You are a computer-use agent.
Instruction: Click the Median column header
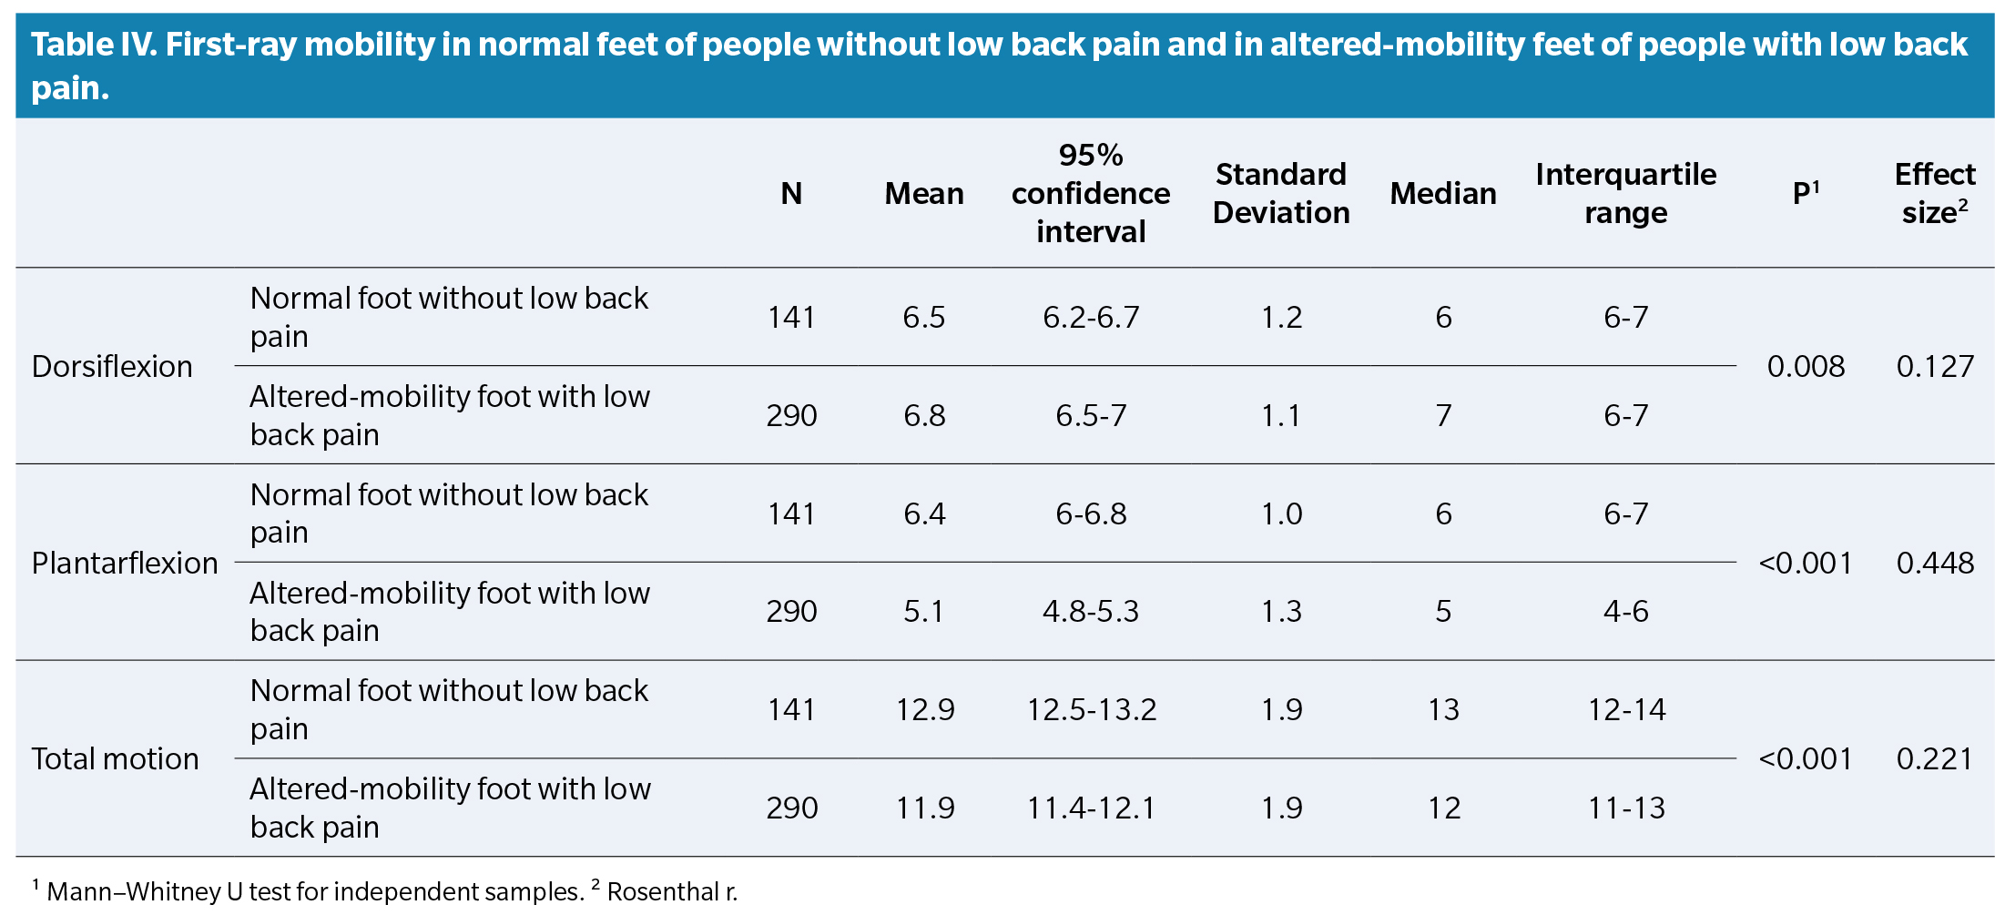[1442, 193]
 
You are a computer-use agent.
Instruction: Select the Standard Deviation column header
[1280, 193]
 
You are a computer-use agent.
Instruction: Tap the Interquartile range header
[1625, 193]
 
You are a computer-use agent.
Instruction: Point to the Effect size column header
[1934, 193]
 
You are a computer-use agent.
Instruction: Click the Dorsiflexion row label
[112, 366]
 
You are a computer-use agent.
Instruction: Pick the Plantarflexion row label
[125, 563]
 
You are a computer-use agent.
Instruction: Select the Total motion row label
[115, 758]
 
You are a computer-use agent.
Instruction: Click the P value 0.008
[1805, 366]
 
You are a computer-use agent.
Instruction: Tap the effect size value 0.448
[1935, 563]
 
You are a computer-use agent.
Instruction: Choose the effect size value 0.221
[1935, 758]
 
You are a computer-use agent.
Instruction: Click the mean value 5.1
[923, 611]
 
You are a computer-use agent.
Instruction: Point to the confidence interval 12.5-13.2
[1091, 709]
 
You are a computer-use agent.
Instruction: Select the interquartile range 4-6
[1625, 611]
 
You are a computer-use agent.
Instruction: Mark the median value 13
[1443, 709]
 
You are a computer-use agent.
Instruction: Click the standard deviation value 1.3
[1281, 611]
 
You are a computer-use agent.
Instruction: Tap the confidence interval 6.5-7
[1091, 415]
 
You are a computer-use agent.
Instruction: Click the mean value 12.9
[924, 709]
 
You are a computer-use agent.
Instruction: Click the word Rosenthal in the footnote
[664, 891]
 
